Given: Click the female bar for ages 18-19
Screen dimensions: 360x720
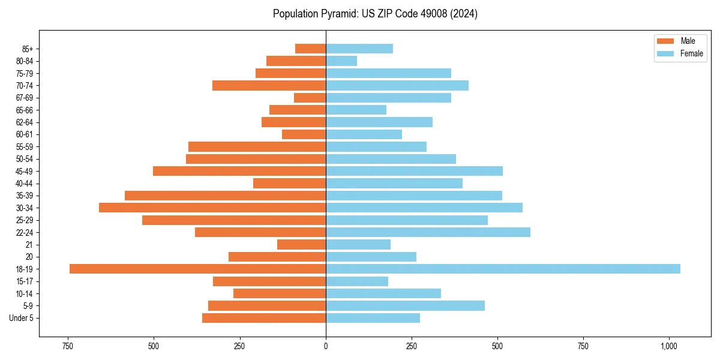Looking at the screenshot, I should click(x=503, y=269).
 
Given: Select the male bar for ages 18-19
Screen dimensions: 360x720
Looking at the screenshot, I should click(x=197, y=269).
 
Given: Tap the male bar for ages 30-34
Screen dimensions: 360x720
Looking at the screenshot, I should click(x=212, y=208).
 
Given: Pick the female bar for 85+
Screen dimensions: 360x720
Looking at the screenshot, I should click(x=359, y=49).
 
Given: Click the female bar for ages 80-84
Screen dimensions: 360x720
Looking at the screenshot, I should click(x=341, y=61).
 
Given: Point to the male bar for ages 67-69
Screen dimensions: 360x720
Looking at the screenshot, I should click(x=310, y=97).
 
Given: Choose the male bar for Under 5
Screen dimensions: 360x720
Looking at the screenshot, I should click(x=264, y=318).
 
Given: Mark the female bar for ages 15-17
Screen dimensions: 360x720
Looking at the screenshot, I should click(x=357, y=281).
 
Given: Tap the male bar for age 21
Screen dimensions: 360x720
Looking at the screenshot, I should click(x=301, y=244).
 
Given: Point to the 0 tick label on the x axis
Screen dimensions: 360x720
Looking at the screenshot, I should click(x=326, y=346).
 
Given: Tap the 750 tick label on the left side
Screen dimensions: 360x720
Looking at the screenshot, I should click(x=68, y=346).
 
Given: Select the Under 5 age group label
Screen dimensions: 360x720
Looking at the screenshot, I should click(x=21, y=318).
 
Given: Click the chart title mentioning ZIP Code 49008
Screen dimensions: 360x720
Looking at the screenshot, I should click(x=375, y=14).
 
